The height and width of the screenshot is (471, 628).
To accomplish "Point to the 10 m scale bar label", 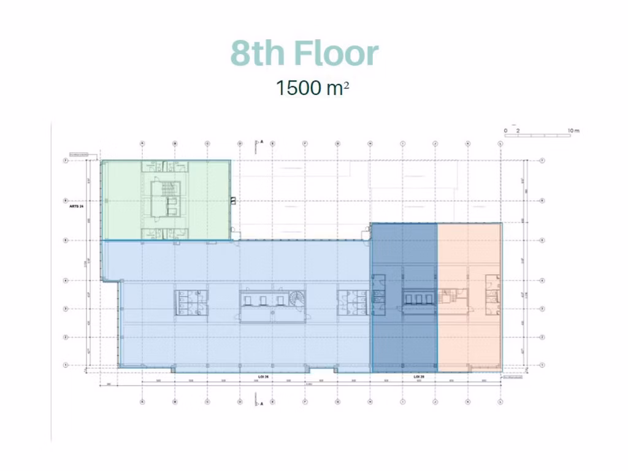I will point(573,131).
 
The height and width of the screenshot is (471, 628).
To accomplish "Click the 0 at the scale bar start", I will point(505,131).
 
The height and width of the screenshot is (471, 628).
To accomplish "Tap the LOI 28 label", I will point(419,376).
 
